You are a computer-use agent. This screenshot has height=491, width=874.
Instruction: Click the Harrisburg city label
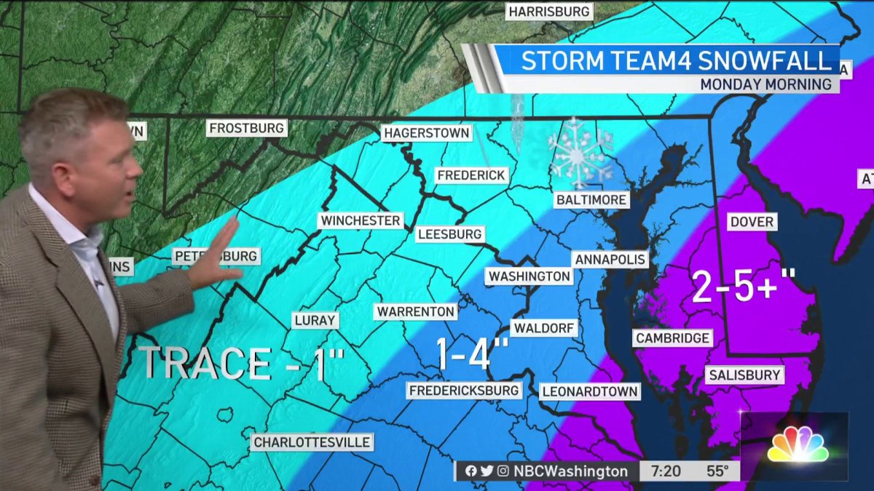pos(549,12)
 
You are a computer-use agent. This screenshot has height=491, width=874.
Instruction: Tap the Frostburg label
pos(246,129)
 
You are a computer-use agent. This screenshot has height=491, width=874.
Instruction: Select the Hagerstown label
pos(427,134)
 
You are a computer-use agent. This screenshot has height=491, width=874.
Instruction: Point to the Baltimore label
pos(591,199)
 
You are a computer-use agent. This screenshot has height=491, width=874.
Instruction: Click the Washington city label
pos(529,276)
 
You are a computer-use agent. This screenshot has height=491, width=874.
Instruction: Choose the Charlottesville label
pos(312,442)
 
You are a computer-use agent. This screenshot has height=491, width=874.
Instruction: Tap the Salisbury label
pos(743,375)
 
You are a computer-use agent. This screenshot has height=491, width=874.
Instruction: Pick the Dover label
pos(752,222)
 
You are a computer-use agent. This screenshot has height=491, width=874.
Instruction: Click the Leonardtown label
pos(590,391)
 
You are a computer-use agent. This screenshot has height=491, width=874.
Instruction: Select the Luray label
pos(315,320)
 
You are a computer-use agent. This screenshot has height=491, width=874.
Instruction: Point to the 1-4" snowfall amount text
pos(472,355)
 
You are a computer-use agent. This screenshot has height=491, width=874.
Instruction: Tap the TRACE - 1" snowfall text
pos(240,362)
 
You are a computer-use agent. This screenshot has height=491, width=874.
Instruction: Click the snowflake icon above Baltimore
pos(580,153)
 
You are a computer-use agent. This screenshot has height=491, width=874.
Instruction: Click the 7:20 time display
pos(666,471)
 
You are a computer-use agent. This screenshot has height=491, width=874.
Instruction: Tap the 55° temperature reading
pos(717,471)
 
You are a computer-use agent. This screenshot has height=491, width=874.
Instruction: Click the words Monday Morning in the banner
pos(765,84)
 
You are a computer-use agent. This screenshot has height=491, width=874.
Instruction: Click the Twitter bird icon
pos(487,471)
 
